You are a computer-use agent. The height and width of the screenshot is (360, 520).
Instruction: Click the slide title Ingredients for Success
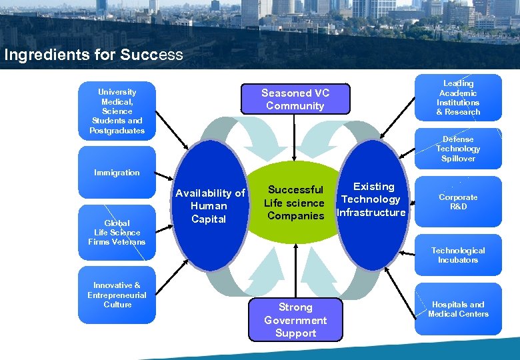tap(93, 55)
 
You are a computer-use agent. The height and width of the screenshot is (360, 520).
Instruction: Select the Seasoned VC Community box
tap(295, 99)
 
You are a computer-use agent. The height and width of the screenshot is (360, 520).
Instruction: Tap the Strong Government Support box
tap(295, 320)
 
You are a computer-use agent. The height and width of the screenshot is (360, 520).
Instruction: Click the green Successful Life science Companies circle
tap(295, 203)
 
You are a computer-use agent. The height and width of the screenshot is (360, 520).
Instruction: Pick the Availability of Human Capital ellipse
tap(209, 206)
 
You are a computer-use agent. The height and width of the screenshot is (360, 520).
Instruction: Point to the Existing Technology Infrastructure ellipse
tap(373, 200)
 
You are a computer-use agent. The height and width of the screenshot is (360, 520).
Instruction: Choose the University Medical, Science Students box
tap(117, 111)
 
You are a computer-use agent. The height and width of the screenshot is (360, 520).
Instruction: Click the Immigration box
tap(117, 173)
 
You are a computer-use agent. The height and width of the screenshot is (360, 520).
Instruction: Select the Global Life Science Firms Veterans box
tap(117, 232)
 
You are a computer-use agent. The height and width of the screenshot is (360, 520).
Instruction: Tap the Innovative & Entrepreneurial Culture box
tap(117, 295)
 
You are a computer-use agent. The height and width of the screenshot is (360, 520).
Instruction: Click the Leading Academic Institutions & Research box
tap(458, 97)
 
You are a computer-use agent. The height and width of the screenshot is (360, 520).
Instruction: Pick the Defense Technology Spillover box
tap(458, 149)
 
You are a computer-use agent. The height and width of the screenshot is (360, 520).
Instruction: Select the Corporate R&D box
tap(458, 202)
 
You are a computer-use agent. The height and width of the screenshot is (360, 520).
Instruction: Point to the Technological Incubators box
tap(458, 255)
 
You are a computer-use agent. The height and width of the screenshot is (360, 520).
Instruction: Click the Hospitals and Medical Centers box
tap(458, 309)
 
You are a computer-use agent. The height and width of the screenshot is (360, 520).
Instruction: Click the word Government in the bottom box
tap(295, 320)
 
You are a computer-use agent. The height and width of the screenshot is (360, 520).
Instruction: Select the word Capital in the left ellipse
tap(209, 219)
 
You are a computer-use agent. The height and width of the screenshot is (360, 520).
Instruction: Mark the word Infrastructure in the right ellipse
tap(371, 213)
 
